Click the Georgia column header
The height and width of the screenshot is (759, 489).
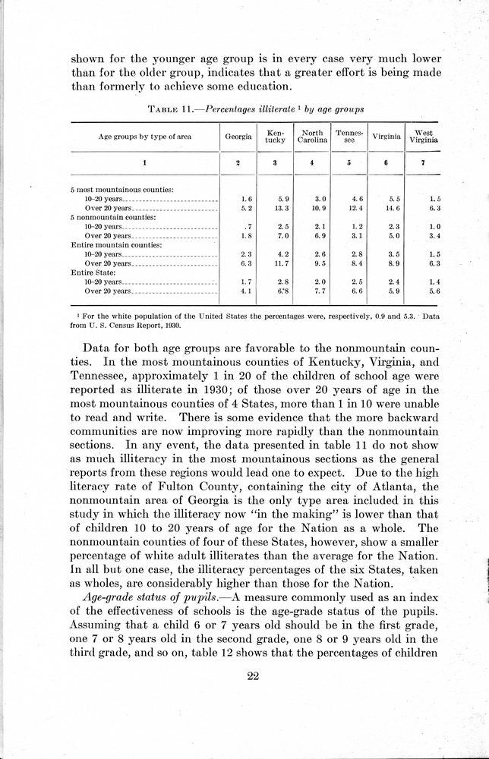(237, 137)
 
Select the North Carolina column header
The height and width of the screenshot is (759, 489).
(311, 137)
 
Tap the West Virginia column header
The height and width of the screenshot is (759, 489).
(423, 137)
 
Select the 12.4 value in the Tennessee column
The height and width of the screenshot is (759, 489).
(349, 207)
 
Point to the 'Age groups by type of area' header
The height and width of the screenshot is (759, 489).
(144, 137)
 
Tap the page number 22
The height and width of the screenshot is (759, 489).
(254, 677)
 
